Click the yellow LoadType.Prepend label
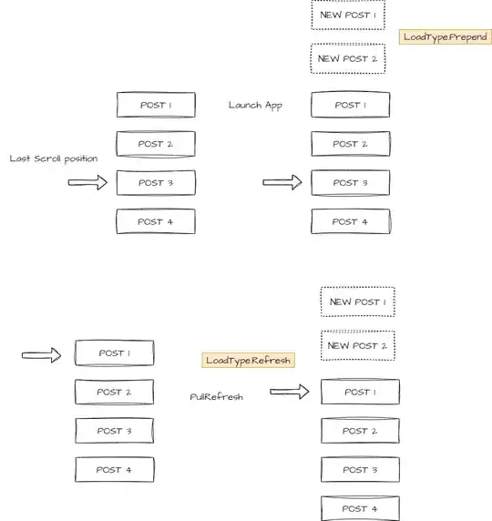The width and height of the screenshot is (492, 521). tap(446, 36)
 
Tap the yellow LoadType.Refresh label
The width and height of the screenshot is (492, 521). tap(248, 360)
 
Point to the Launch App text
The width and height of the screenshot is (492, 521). tap(255, 106)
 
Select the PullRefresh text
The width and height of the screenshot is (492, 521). tap(217, 397)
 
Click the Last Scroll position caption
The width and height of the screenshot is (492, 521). tap(54, 158)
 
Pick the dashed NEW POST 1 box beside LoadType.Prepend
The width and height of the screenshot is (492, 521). tap(348, 15)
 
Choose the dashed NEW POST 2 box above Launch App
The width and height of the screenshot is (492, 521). tap(348, 58)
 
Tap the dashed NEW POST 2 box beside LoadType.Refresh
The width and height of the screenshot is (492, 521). tap(358, 345)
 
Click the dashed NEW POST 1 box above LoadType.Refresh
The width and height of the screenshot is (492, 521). tap(358, 301)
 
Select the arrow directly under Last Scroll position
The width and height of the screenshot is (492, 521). tap(87, 182)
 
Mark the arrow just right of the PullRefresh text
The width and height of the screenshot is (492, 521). tap(290, 392)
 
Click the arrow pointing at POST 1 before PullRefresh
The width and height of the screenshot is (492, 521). tap(42, 355)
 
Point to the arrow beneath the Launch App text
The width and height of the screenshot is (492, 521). tap(282, 182)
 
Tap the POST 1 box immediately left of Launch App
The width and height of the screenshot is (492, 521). tap(156, 105)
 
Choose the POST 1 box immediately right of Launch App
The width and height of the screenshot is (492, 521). tap(351, 105)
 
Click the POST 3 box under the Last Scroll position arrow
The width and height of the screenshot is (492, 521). tap(156, 182)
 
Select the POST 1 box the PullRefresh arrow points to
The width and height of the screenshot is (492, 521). tap(361, 392)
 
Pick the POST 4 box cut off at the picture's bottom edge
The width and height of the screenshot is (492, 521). tap(361, 508)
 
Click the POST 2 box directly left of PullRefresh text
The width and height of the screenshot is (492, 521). tap(115, 392)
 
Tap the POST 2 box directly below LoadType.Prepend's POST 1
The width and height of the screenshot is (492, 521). tap(351, 144)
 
